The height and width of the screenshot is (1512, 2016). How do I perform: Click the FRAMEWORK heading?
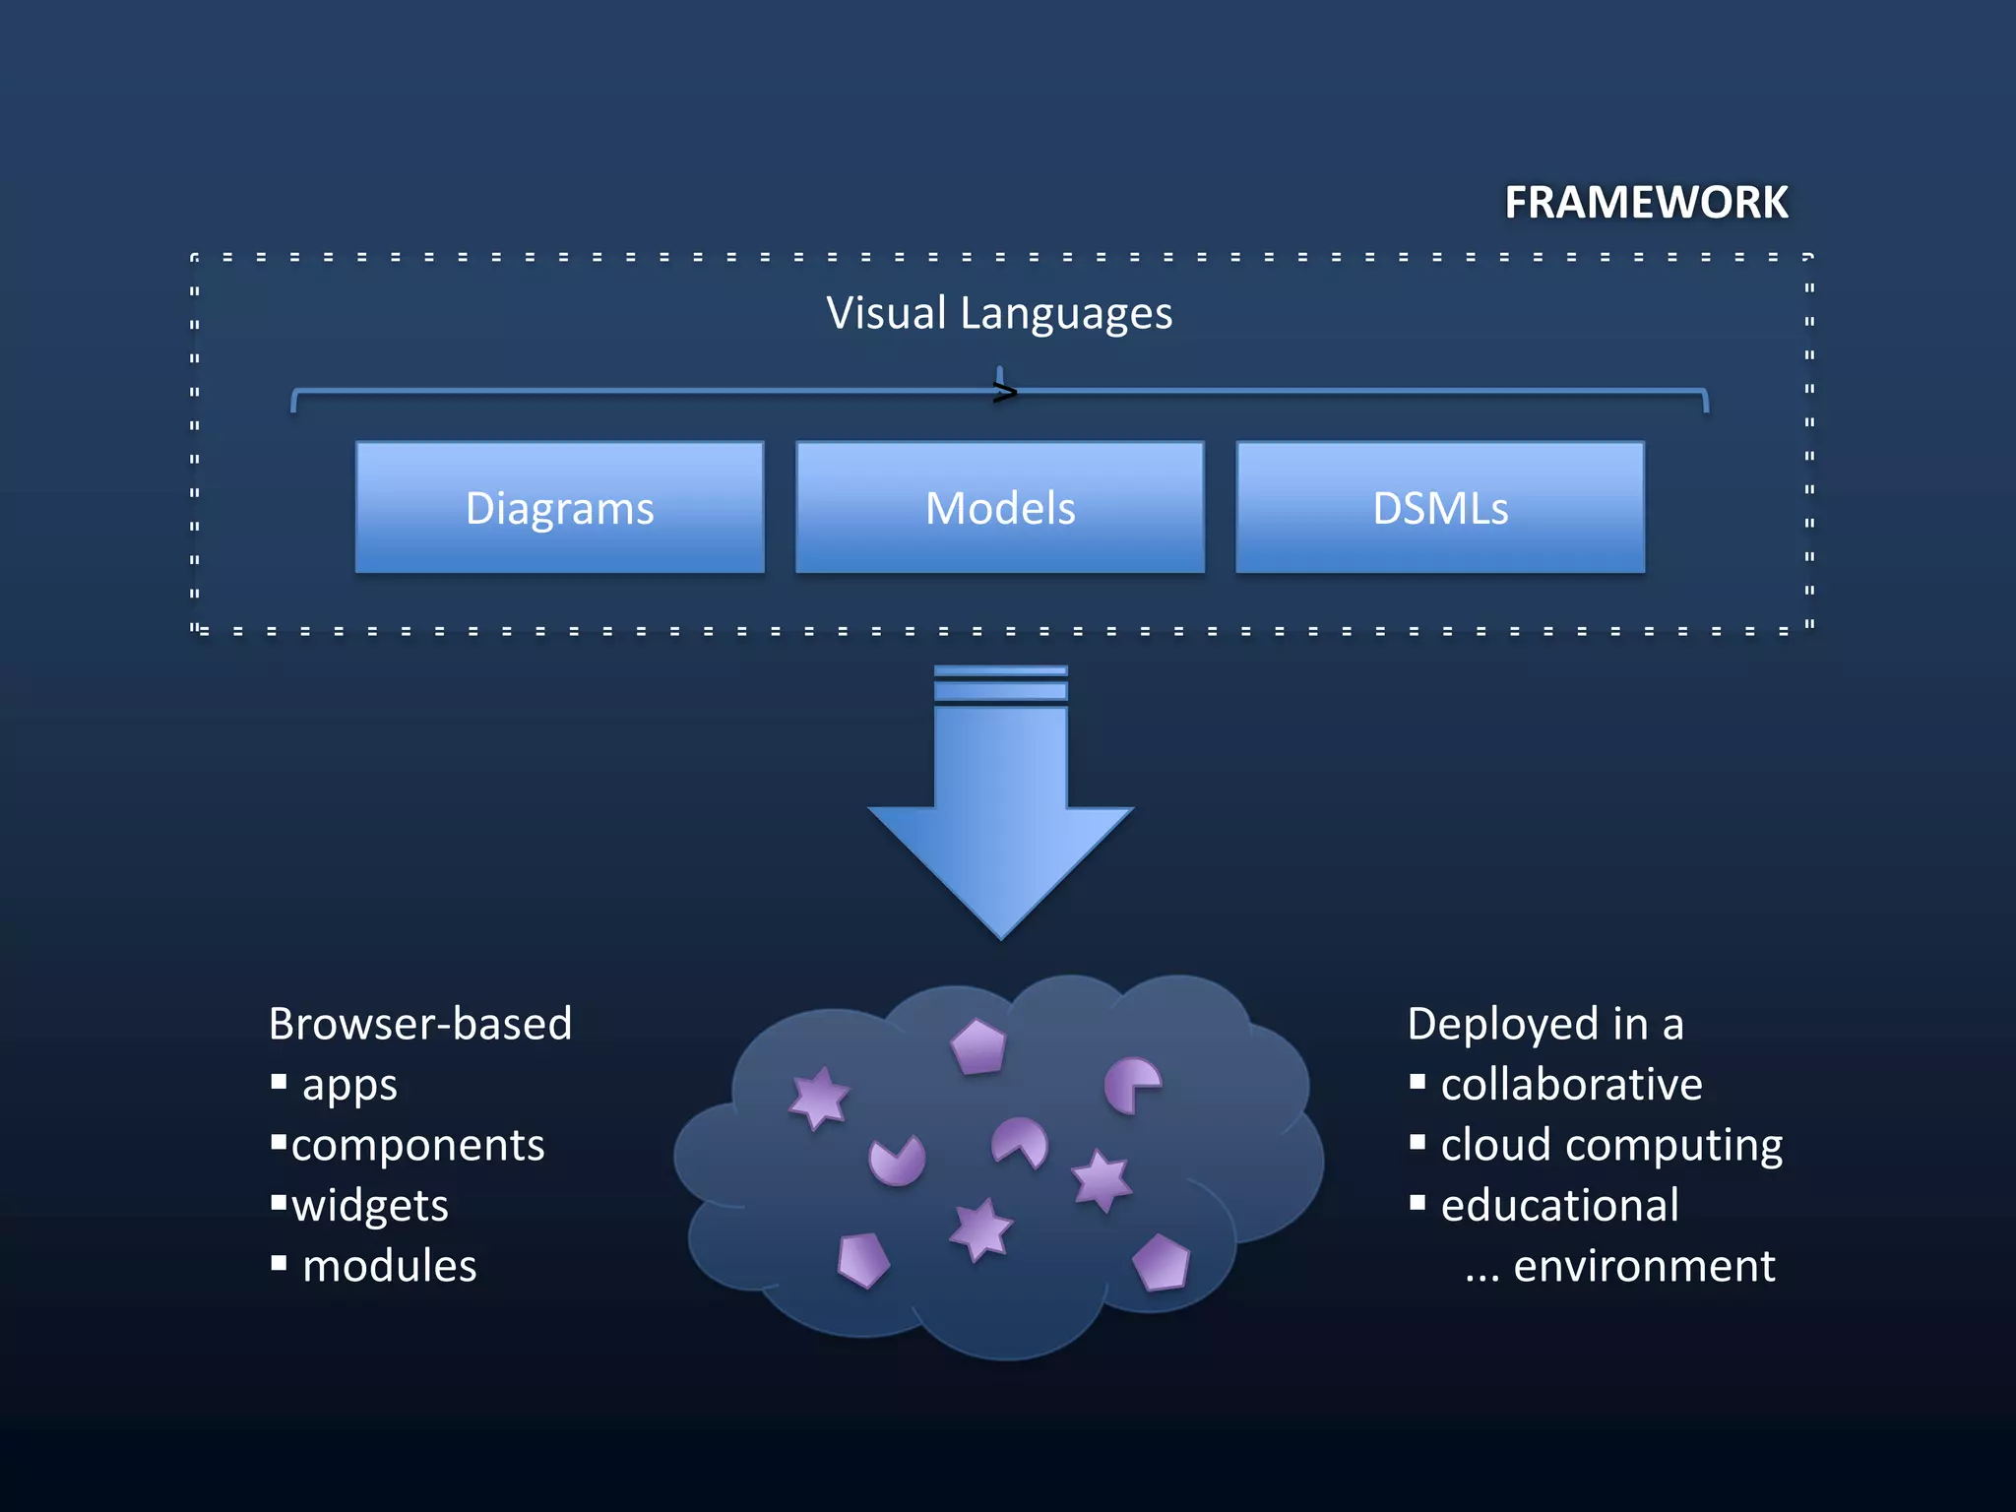click(x=1645, y=203)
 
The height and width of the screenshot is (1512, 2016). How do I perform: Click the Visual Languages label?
click(x=998, y=313)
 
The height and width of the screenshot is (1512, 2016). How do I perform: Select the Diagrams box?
click(x=559, y=508)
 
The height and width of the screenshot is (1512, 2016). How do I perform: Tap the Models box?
click(x=999, y=508)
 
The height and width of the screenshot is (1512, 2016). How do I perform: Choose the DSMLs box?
click(x=1439, y=508)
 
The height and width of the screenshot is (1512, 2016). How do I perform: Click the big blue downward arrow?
click(x=1000, y=817)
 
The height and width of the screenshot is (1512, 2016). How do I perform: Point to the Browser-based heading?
click(x=420, y=1024)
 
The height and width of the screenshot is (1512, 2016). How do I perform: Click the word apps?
click(x=349, y=1085)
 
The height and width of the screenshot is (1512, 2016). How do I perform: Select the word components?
click(x=417, y=1145)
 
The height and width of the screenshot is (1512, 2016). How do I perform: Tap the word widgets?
click(x=370, y=1206)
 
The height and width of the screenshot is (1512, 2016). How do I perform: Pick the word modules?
click(x=389, y=1266)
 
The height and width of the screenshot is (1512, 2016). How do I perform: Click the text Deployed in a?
click(x=1544, y=1024)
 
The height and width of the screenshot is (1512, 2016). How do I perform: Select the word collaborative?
click(x=1571, y=1085)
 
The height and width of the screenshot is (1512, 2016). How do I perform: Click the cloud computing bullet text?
click(x=1611, y=1145)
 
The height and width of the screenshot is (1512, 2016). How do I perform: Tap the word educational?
click(x=1559, y=1206)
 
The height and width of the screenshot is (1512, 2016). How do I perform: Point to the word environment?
click(x=1644, y=1266)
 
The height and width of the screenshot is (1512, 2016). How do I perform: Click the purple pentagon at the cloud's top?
click(x=978, y=1046)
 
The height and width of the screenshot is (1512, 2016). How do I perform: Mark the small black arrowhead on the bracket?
click(x=1004, y=394)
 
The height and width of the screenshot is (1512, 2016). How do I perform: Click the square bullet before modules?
click(x=279, y=1263)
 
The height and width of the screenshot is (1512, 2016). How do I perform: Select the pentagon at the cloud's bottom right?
click(x=1162, y=1262)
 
